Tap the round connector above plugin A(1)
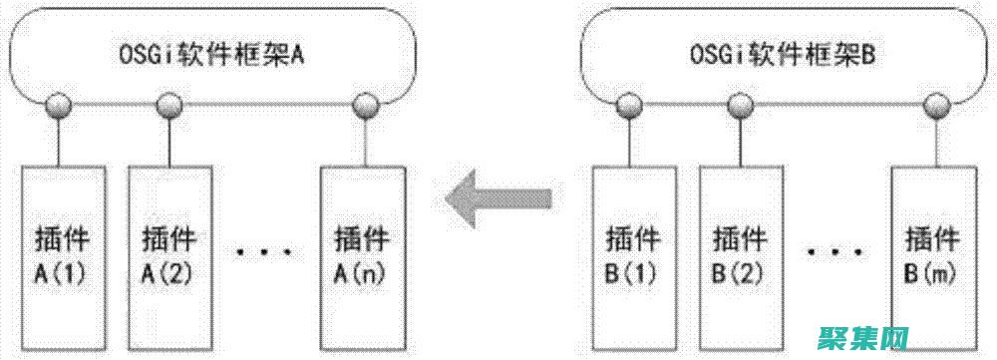62,104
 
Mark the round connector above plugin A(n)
364,104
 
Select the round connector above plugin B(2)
740,104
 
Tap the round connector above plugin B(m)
933,104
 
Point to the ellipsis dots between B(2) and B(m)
835,252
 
